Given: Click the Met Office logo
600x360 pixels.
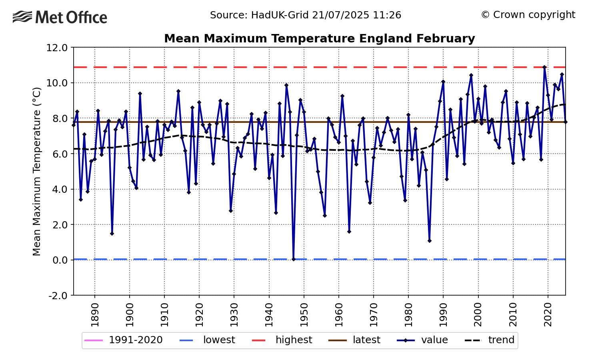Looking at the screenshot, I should coord(60,18).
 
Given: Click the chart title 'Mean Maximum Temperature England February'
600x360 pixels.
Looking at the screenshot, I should coord(319,39).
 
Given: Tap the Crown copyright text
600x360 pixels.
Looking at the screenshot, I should coord(528,15).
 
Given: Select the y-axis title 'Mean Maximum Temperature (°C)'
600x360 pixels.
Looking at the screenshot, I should coord(37,171).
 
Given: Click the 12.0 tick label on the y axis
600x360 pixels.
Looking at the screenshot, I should coord(57,48).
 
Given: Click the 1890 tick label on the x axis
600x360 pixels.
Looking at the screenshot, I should coord(95,315).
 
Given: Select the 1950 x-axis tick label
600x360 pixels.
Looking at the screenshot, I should coord(304,315).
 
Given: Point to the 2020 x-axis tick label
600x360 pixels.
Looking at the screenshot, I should coord(548,315).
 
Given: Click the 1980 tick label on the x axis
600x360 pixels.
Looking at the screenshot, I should coord(408,315).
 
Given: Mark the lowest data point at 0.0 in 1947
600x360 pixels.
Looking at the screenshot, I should coord(293,259).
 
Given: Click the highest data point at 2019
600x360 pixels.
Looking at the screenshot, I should coord(544,67).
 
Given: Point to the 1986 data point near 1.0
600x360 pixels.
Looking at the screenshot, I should coord(429,241).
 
